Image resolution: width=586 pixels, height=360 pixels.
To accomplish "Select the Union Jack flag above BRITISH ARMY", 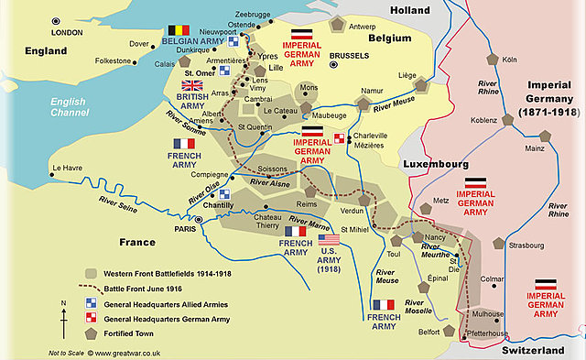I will (x=192, y=85).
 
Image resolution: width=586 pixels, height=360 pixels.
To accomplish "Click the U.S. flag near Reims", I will (x=329, y=239).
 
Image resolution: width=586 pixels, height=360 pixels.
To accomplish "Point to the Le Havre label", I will (x=69, y=168).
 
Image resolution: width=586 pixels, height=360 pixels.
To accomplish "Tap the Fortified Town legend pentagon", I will (x=91, y=333).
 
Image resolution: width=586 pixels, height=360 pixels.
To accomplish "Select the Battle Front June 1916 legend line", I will (x=91, y=288).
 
